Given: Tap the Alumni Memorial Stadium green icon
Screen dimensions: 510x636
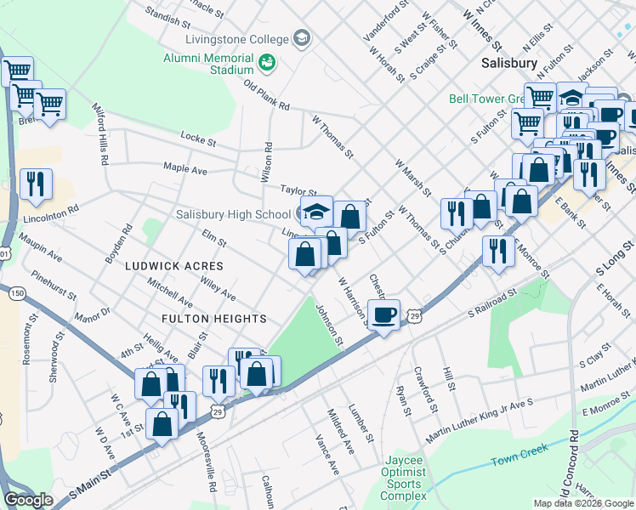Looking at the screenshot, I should (x=267, y=63).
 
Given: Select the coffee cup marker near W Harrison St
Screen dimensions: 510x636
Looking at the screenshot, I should (x=384, y=314).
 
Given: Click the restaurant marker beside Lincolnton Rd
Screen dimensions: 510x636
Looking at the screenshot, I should (x=36, y=184).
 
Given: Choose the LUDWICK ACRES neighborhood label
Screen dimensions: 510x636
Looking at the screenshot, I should (x=173, y=266).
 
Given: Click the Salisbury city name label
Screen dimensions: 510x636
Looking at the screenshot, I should (x=508, y=63).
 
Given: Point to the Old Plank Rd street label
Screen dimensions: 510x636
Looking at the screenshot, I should (x=267, y=95).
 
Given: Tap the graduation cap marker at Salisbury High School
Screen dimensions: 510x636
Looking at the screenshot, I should (x=316, y=212).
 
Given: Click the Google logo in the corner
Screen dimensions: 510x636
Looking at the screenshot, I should (x=29, y=500).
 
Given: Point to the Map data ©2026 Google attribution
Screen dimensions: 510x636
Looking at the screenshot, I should (x=582, y=503).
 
